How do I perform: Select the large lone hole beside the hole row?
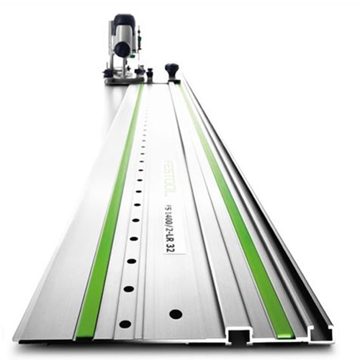click(176, 314)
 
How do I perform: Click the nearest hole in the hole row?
click(125, 323)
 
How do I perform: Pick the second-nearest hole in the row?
click(128, 289)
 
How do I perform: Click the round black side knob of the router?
click(122, 50)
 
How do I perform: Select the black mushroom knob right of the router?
click(171, 71)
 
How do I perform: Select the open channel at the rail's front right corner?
click(320, 333)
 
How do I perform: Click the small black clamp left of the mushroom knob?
click(150, 73)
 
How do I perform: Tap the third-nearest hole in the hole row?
click(131, 261)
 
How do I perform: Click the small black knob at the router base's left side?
click(107, 73)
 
